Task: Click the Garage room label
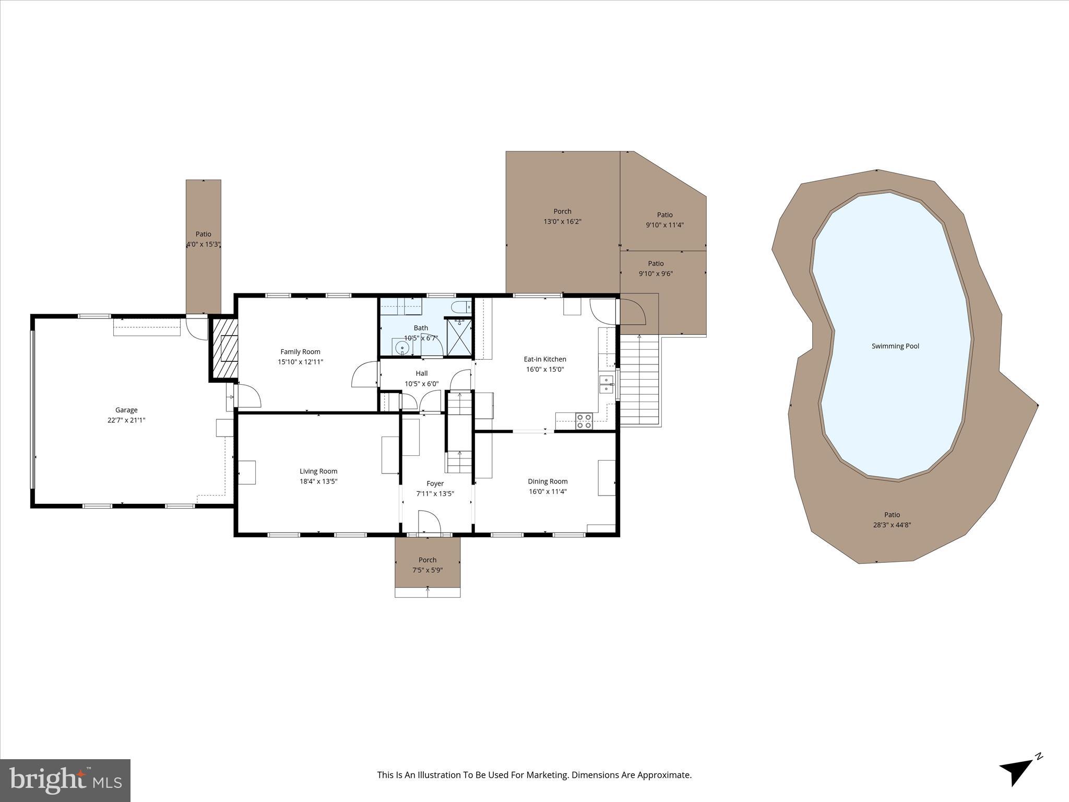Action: [x=126, y=410]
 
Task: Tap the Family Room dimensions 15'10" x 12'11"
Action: [x=300, y=362]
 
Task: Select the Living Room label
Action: [x=318, y=471]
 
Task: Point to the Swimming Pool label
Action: [x=895, y=346]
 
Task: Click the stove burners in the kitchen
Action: [x=584, y=421]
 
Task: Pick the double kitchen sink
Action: [x=606, y=383]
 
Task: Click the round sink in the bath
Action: [x=402, y=348]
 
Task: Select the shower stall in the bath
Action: [x=459, y=337]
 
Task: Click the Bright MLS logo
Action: [x=65, y=780]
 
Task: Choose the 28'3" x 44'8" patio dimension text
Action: [x=892, y=525]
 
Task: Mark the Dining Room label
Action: [x=548, y=481]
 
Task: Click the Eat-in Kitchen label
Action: [x=545, y=359]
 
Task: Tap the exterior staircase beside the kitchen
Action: [x=639, y=380]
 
